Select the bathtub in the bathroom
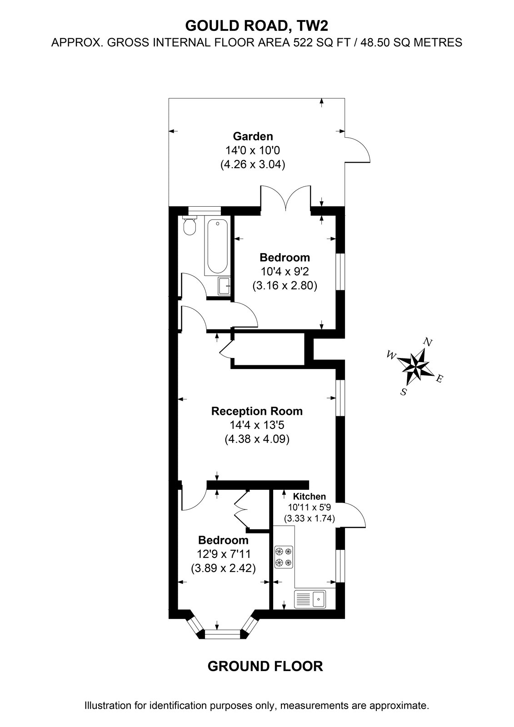click(216, 247)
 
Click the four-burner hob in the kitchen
click(284, 557)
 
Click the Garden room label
click(253, 136)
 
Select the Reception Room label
click(257, 411)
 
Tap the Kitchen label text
click(309, 496)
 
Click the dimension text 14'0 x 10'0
click(253, 150)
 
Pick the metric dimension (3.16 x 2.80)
click(285, 286)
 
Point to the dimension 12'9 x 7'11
click(224, 553)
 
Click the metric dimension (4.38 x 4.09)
click(257, 439)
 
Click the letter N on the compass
click(428, 342)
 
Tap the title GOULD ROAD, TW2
click(256, 25)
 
